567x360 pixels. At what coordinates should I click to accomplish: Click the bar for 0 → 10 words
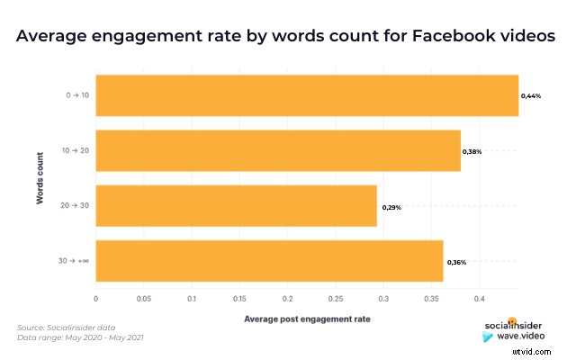click(306, 95)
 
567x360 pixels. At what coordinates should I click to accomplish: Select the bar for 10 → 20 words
click(277, 151)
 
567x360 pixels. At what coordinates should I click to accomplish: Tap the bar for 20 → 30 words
click(236, 206)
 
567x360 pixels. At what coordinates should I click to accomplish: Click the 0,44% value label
click(531, 95)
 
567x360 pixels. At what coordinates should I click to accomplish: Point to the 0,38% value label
click(472, 151)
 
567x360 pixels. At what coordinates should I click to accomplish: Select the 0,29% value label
click(391, 207)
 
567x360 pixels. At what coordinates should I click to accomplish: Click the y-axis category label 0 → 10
click(76, 95)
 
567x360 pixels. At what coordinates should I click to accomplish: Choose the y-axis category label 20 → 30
click(75, 207)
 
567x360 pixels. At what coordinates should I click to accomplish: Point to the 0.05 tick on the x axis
click(143, 298)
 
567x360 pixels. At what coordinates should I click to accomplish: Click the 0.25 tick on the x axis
click(335, 298)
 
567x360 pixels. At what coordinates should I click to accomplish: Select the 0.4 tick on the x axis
click(479, 298)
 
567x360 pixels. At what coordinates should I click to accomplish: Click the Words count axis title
click(40, 178)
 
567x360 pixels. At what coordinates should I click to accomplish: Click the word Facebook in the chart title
click(445, 38)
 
